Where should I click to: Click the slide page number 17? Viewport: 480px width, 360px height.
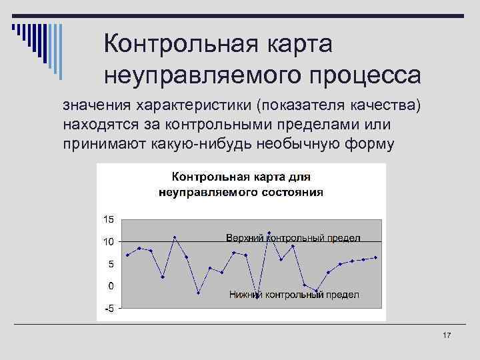tap(447, 335)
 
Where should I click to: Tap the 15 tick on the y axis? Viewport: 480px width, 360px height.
tap(107, 219)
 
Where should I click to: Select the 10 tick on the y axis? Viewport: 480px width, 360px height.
tap(107, 241)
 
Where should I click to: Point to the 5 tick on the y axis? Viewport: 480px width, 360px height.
tap(109, 264)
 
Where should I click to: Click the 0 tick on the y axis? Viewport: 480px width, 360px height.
tap(109, 286)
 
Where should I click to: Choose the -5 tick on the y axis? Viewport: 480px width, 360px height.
tap(108, 309)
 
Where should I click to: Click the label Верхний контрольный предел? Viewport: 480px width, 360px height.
tap(293, 238)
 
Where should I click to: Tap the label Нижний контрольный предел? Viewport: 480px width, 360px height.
tap(294, 295)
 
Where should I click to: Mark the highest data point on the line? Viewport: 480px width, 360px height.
tap(269, 233)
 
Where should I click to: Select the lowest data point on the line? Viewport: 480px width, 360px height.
tap(257, 298)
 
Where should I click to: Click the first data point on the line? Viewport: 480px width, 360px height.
tap(127, 255)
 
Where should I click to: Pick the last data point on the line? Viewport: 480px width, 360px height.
tap(376, 257)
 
